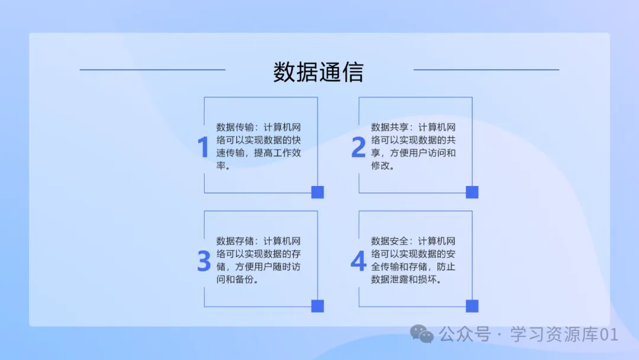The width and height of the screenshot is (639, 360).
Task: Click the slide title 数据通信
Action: (x=318, y=72)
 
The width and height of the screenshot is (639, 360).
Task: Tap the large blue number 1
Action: (x=203, y=147)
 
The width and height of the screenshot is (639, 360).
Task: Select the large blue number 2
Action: (x=359, y=147)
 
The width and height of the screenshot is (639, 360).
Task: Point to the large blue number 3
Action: (x=204, y=261)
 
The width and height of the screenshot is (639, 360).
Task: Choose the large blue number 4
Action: (x=359, y=261)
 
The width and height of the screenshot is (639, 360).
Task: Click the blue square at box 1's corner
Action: (x=318, y=192)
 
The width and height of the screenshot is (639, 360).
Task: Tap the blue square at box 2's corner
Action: (x=472, y=192)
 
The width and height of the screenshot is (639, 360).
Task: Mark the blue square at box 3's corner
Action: (x=318, y=306)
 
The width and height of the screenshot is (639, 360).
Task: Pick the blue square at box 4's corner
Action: (x=472, y=306)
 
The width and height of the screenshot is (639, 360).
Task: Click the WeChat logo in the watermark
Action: (x=422, y=335)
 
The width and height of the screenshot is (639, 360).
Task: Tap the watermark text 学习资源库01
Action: (x=564, y=335)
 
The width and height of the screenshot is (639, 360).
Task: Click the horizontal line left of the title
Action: (x=152, y=70)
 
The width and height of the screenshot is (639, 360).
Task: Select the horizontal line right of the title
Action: (x=486, y=70)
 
